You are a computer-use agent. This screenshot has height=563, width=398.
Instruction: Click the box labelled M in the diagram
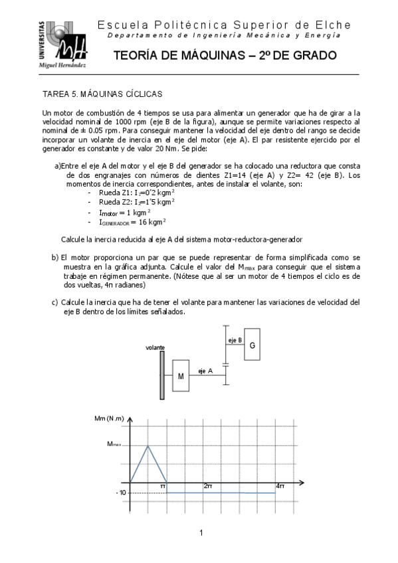click(180, 376)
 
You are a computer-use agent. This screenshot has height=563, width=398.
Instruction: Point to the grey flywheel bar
click(162, 375)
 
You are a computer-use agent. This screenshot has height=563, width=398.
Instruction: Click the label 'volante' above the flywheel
click(155, 347)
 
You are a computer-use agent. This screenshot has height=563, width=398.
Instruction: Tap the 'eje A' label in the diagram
click(204, 370)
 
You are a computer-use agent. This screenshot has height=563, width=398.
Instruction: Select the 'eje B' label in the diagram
click(234, 340)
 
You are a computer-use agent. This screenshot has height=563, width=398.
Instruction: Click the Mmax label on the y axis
click(114, 445)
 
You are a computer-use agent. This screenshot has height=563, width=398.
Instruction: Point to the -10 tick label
click(120, 493)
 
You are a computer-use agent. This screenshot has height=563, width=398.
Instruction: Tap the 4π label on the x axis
click(280, 487)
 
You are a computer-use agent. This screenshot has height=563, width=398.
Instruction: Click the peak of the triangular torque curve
click(148, 445)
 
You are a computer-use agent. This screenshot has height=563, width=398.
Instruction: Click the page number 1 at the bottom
click(199, 532)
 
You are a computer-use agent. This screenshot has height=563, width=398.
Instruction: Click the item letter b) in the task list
click(54, 256)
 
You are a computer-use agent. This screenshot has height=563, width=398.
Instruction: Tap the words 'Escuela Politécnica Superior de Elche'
click(224, 25)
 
